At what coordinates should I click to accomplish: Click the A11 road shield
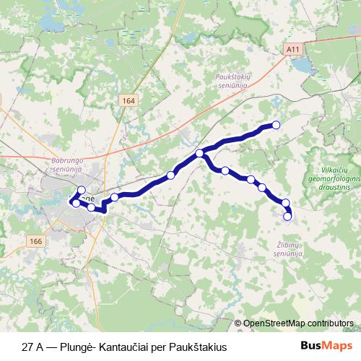[x=292, y=49]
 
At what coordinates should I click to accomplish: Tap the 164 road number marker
[x=128, y=100]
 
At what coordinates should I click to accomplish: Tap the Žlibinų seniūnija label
[x=290, y=249]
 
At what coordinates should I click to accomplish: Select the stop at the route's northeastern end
[x=275, y=125]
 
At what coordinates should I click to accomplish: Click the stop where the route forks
[x=199, y=153]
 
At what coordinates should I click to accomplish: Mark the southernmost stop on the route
[x=287, y=216]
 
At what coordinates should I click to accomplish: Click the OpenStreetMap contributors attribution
[x=296, y=323]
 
